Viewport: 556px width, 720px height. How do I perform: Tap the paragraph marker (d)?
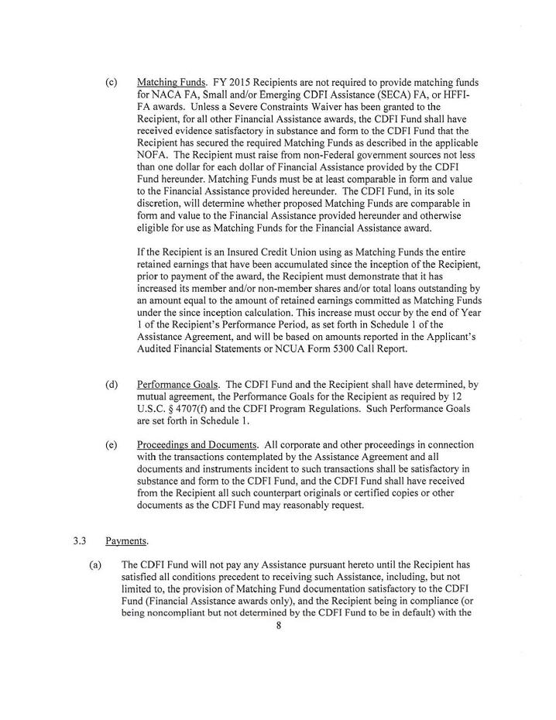click(x=112, y=383)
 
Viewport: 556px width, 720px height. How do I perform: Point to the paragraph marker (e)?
click(x=112, y=445)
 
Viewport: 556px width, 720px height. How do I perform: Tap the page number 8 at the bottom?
click(x=278, y=627)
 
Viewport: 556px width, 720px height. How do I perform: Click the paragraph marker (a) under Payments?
click(x=95, y=565)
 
